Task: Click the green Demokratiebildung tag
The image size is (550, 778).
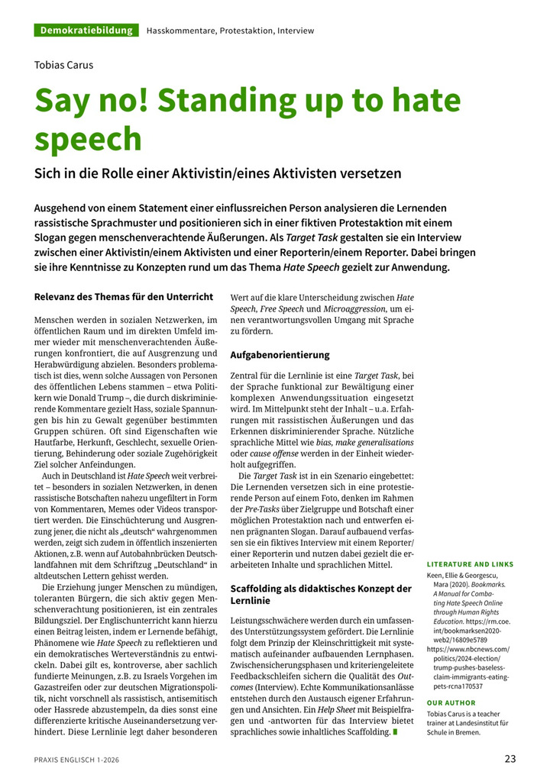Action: pos(86,31)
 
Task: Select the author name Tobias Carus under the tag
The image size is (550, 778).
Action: pos(64,64)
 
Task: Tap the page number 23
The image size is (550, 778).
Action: pos(510,758)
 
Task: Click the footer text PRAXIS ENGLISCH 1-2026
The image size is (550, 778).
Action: pos(76,760)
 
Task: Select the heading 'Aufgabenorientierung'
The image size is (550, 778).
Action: pos(280,355)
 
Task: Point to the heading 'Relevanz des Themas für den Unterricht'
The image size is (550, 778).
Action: pos(124,296)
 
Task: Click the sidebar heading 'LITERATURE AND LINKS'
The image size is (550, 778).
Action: pos(470,564)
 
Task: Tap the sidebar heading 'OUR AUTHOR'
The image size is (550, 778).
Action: pos(451,702)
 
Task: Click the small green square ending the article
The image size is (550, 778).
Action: pos(396,732)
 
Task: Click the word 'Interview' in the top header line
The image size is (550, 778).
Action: pos(296,31)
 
